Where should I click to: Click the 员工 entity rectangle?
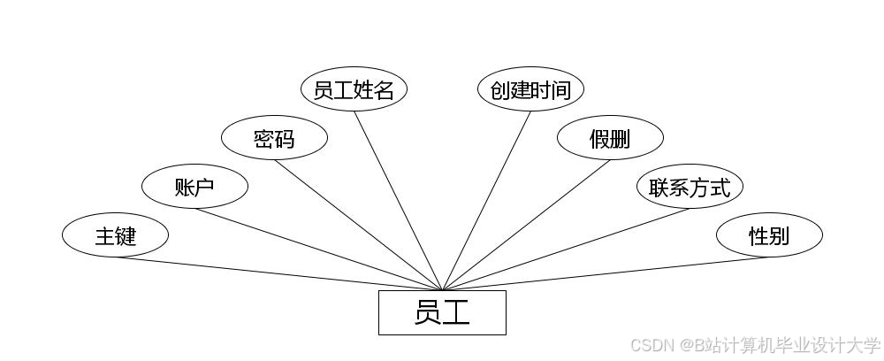tap(442, 312)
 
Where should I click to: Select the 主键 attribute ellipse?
tap(115, 235)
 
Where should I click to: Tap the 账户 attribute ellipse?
tap(194, 187)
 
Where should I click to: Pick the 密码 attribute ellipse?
tap(274, 138)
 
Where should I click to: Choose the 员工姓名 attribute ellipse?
tap(354, 89)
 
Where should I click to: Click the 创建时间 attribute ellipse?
tap(530, 89)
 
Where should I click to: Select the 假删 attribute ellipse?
tap(610, 138)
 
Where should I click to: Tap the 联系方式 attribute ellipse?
tap(690, 187)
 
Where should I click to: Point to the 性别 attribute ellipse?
tap(769, 235)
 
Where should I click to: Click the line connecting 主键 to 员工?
tap(278, 273)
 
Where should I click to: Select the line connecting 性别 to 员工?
tap(606, 273)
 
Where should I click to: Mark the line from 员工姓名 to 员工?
tap(398, 201)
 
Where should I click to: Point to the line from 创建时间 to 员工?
tap(486, 201)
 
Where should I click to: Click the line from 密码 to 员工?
tap(358, 225)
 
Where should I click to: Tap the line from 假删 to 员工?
tap(526, 225)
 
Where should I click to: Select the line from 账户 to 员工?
tap(318, 250)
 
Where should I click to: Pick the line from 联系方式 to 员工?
tap(566, 250)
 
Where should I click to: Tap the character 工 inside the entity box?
tap(456, 312)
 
